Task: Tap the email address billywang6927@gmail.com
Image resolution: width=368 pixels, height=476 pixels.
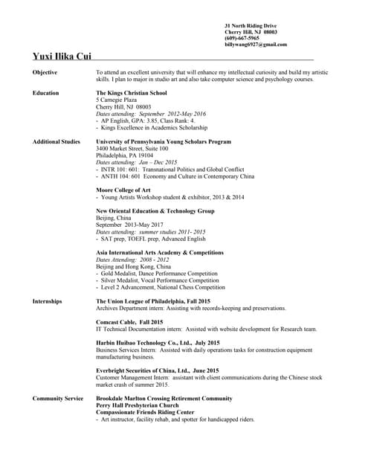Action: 255,45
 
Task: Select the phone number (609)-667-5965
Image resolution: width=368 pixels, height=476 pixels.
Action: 243,39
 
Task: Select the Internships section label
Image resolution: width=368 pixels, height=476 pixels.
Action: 48,301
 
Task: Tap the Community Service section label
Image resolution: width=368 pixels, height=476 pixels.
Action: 58,399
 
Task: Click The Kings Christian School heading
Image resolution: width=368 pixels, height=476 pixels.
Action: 132,93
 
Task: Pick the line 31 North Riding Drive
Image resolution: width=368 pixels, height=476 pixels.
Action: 254,26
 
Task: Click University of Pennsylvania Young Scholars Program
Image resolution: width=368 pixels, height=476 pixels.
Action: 164,141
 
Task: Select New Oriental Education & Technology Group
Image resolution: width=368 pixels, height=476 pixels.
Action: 155,211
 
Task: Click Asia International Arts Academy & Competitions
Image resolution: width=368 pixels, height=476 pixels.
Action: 159,253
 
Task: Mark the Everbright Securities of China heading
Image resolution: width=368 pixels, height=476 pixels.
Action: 158,370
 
